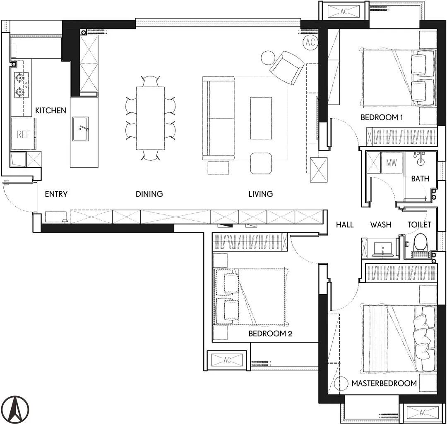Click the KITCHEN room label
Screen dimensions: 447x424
tap(50, 110)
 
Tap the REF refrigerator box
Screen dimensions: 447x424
tap(24, 134)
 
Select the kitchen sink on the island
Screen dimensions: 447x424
tap(80, 129)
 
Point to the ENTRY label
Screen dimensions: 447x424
tap(56, 194)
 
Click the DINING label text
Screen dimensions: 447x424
tap(149, 194)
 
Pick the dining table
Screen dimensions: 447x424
tap(151, 118)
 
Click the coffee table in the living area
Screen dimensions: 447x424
tap(261, 118)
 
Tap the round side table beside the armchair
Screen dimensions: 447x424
tap(268, 57)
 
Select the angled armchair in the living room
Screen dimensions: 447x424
tap(287, 68)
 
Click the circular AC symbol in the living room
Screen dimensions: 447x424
tap(310, 43)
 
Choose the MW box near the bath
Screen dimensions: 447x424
tap(392, 162)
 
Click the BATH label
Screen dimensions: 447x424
tap(420, 179)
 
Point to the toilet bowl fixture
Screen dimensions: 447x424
tap(420, 243)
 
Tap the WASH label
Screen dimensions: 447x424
tap(381, 225)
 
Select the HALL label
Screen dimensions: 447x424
tap(345, 225)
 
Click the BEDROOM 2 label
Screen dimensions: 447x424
tap(270, 333)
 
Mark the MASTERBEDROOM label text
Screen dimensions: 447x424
tap(384, 384)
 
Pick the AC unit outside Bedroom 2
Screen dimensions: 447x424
tap(227, 360)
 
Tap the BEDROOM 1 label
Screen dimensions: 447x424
tap(382, 117)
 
